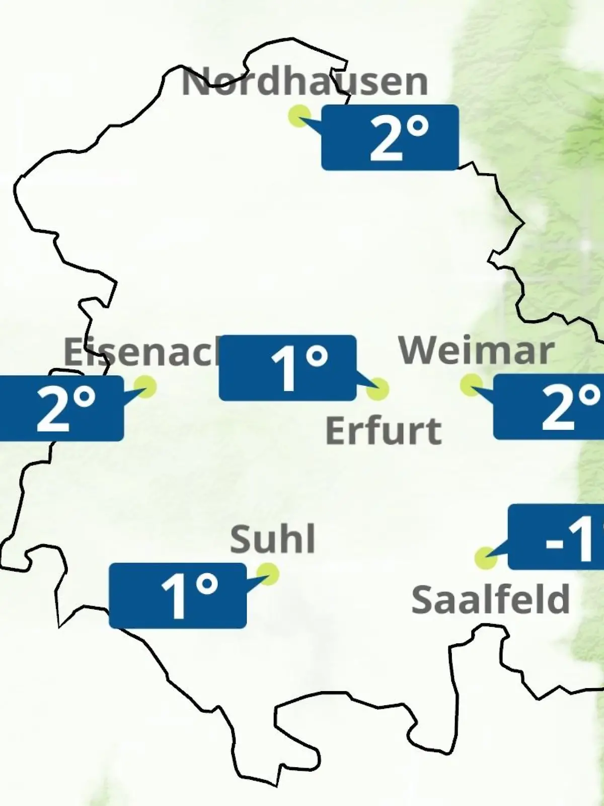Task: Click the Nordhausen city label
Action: point(305,82)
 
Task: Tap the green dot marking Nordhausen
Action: point(299,116)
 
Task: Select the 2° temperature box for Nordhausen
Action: point(390,138)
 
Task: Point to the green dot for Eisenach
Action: point(145,387)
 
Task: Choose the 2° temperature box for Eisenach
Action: point(61,409)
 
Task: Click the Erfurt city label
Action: point(384,431)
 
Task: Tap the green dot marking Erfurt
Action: point(377,389)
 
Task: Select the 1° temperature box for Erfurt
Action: point(287,368)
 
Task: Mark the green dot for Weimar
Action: point(471,385)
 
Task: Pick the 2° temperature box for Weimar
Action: point(549,407)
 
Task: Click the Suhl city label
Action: point(273,539)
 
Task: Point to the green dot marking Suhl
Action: point(267,574)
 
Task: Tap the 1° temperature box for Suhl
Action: point(178,596)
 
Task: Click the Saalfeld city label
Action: point(491,599)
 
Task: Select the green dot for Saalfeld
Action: point(486,558)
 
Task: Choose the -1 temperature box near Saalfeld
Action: point(556,537)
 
